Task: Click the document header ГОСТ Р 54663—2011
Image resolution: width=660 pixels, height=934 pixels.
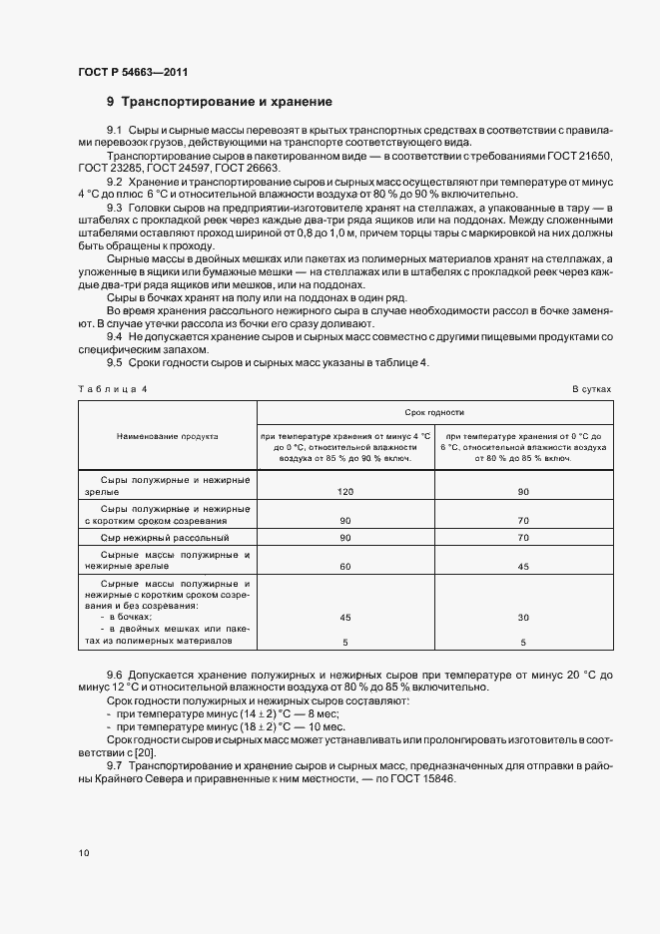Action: [132, 72]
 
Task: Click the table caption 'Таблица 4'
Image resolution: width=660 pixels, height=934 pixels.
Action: [113, 389]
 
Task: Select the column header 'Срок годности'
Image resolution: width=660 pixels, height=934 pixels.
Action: [434, 411]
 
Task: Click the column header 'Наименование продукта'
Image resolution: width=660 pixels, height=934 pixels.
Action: [167, 436]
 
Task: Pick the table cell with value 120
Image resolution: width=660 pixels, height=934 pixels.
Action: [345, 492]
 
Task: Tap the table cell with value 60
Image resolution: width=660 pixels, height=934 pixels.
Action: [345, 566]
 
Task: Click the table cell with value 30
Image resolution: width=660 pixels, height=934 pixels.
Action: [523, 617]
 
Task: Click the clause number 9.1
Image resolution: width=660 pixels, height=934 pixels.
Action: [115, 131]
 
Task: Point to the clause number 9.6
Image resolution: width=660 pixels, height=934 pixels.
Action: [115, 676]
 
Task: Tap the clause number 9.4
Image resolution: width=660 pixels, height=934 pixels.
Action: [115, 337]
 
